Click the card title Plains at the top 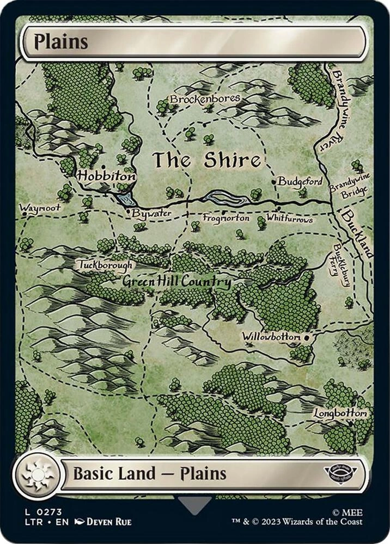click(61, 42)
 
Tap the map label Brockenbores click(205, 99)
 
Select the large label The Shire click(206, 160)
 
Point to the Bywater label click(151, 214)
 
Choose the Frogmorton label click(226, 218)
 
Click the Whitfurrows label click(289, 219)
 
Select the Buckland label click(357, 234)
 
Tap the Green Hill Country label click(176, 282)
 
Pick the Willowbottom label click(271, 337)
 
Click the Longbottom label click(340, 413)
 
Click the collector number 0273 click(46, 511)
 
